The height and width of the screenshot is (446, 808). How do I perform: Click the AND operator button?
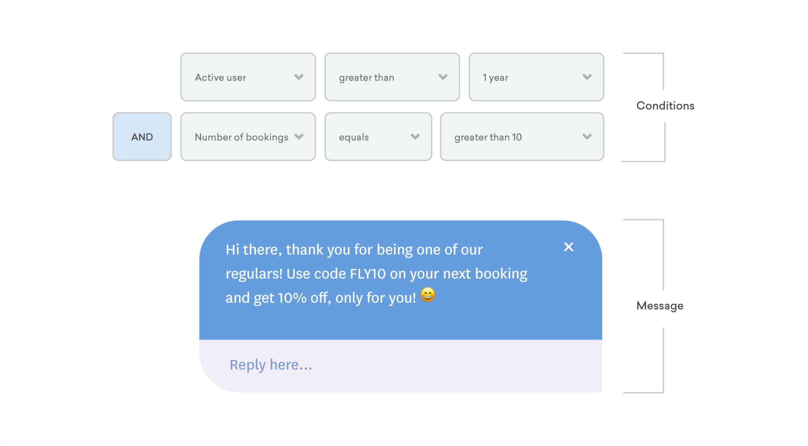(x=142, y=137)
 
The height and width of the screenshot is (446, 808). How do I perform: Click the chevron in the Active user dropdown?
(x=299, y=77)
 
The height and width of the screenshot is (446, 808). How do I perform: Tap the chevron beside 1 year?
(x=587, y=77)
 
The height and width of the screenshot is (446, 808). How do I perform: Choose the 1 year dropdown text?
(x=496, y=78)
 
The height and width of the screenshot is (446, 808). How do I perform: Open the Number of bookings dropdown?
(x=241, y=137)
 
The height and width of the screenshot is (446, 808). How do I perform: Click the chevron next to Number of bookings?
(x=299, y=137)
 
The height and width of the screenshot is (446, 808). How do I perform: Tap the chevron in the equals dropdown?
(x=415, y=137)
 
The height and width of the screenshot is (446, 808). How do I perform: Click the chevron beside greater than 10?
(x=587, y=137)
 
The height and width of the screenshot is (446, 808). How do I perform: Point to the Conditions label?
(x=665, y=106)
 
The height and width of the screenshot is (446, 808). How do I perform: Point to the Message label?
(x=659, y=306)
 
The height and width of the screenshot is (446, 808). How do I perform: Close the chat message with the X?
(x=568, y=247)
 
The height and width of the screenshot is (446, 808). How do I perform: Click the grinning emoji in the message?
(x=428, y=295)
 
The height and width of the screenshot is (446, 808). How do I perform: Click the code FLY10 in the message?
(x=368, y=274)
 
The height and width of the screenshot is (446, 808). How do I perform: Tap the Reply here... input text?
(x=271, y=365)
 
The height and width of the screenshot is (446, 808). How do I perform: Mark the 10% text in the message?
(x=292, y=298)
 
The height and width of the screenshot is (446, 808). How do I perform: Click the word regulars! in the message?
(x=254, y=274)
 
